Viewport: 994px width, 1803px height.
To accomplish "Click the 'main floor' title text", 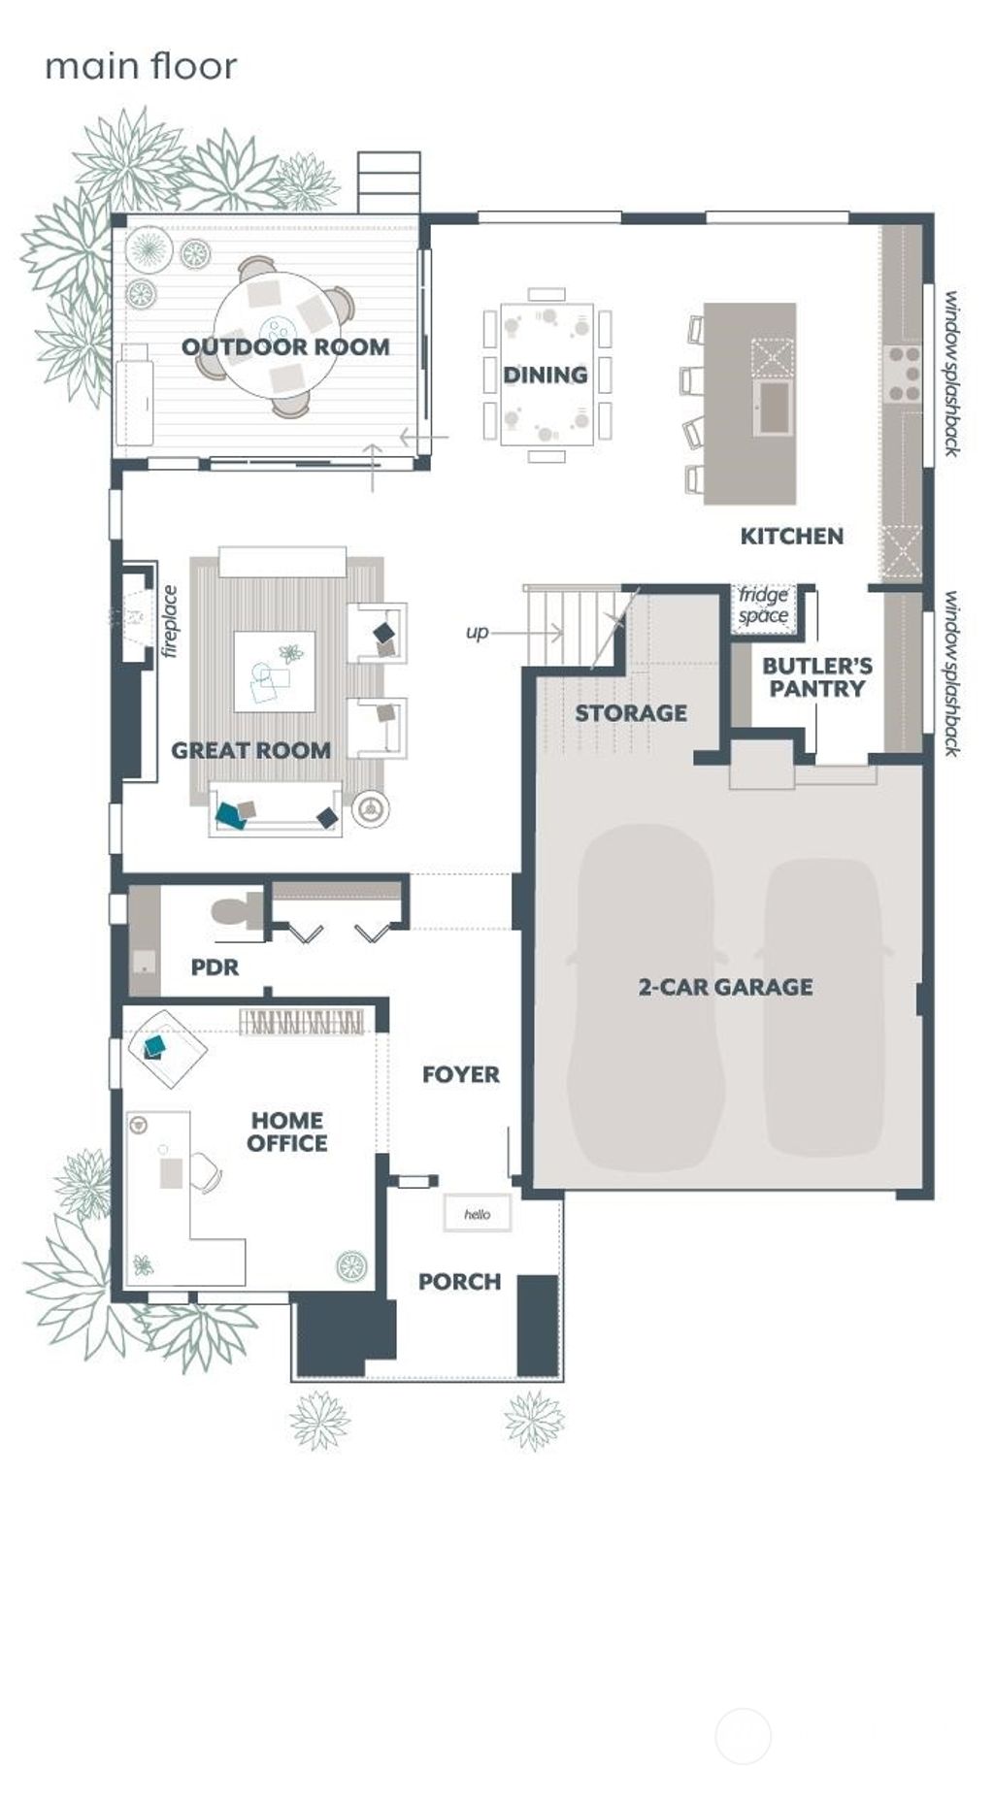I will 141,66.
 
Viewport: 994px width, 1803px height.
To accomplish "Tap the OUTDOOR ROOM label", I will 285,346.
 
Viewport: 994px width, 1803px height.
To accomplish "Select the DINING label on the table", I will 545,375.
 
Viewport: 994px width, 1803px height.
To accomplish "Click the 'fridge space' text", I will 763,606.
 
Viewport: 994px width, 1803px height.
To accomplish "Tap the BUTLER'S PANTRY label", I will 816,677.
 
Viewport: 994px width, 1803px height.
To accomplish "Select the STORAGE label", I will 630,713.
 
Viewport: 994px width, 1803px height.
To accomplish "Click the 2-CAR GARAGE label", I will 725,987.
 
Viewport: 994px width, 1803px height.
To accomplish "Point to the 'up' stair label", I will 477,633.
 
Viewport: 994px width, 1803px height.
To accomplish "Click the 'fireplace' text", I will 171,622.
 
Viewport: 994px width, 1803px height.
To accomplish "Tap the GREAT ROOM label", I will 250,750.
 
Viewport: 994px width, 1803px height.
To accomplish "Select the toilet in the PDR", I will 234,913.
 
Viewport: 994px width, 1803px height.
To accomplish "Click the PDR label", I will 215,967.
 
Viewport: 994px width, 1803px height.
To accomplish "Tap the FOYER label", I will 460,1074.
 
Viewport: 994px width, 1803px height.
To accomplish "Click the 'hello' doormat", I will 477,1214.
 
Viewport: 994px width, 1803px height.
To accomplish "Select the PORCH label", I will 459,1282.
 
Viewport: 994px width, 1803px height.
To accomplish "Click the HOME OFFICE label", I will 286,1131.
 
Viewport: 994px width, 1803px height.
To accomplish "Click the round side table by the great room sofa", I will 371,808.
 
